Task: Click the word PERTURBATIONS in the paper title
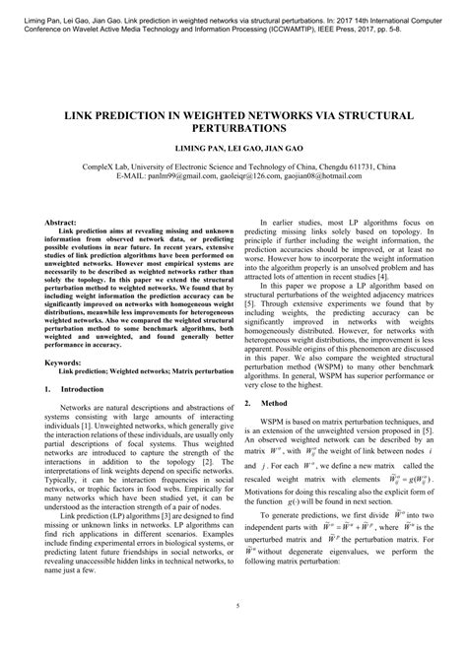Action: tap(233, 128)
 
